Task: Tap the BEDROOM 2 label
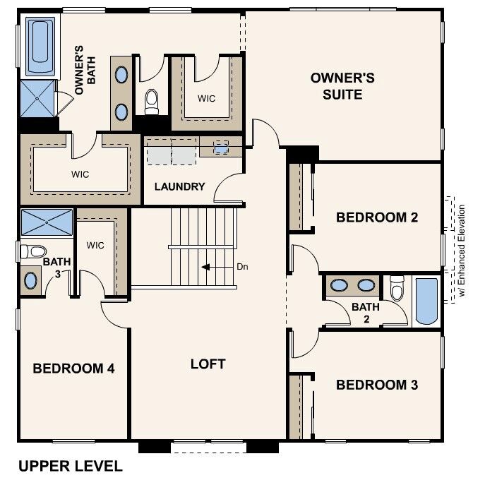[377, 217]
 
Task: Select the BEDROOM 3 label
[377, 385]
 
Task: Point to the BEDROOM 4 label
[73, 368]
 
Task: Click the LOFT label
[208, 364]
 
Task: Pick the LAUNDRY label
[179, 187]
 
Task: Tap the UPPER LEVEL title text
[71, 466]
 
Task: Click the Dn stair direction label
[242, 268]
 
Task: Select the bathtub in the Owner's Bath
[40, 47]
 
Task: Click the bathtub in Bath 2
[426, 301]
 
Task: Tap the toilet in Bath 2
[397, 288]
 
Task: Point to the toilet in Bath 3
[32, 250]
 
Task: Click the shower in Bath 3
[47, 222]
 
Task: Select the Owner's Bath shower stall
[37, 99]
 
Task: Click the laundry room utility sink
[221, 148]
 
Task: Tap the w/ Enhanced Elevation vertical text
[462, 251]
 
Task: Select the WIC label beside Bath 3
[95, 245]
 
